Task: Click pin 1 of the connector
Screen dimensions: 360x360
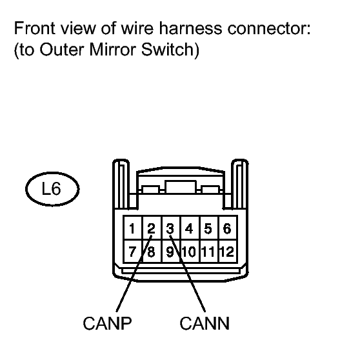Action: [133, 228]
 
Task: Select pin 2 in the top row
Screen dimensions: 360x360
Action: [152, 228]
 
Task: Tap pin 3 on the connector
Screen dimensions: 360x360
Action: [171, 228]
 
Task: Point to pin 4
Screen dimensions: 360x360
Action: [190, 228]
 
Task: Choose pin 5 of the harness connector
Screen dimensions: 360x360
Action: [210, 228]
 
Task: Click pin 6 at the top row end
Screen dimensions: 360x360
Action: [228, 228]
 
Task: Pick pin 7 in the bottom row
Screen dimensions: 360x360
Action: [133, 251]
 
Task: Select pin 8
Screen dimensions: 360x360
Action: [152, 251]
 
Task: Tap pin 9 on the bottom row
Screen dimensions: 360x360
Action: [171, 251]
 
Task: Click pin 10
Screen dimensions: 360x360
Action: [190, 251]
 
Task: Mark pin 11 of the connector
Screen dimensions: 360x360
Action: [210, 251]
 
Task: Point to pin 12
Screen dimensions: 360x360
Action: [228, 251]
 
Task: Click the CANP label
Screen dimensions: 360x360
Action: [107, 323]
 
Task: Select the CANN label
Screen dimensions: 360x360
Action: [205, 323]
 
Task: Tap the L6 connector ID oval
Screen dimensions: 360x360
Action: [52, 189]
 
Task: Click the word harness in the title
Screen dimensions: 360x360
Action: [190, 28]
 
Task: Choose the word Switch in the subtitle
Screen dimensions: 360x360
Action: [168, 49]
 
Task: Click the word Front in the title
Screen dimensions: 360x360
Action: [35, 28]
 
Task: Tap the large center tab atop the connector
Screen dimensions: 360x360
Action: [181, 187]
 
